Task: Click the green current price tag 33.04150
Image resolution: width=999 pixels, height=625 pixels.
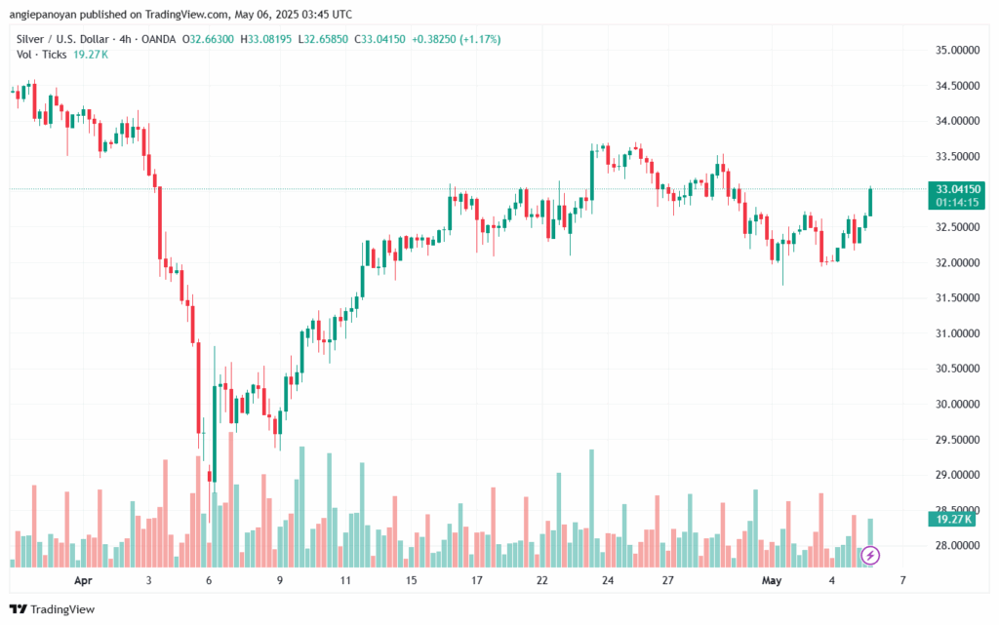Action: pos(956,188)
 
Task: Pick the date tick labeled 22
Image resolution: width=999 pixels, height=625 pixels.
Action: pos(542,580)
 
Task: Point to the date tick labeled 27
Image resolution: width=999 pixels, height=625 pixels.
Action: pos(668,580)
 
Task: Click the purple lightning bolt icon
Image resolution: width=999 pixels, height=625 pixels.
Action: pos(870,556)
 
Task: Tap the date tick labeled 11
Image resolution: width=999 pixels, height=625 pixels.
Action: pos(345,580)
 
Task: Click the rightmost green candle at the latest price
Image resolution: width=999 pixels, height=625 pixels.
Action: pos(870,202)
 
